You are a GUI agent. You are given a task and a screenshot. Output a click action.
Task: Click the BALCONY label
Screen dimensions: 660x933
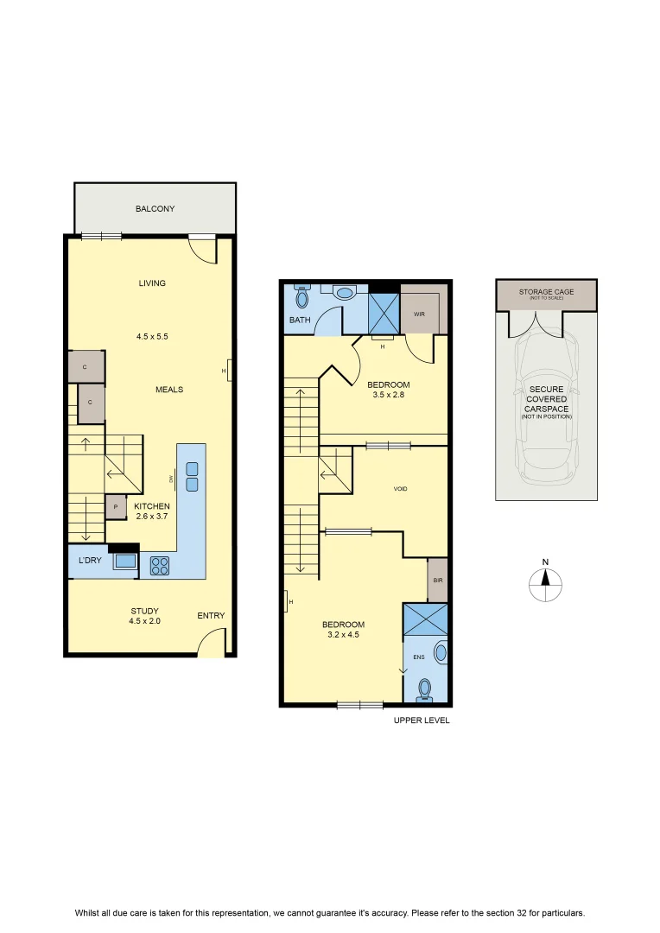(x=155, y=209)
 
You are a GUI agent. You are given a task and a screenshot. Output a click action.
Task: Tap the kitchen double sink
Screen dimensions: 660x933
(x=192, y=477)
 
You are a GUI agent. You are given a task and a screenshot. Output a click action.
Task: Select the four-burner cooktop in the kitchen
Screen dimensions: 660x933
(x=160, y=565)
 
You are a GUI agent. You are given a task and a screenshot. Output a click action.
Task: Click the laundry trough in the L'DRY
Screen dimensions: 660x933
(x=125, y=561)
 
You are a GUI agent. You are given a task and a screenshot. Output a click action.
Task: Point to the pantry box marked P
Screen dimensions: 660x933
(x=116, y=507)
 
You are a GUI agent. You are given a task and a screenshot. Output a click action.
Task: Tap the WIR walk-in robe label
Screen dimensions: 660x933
(x=420, y=314)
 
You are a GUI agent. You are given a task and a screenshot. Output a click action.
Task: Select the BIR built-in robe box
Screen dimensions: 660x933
(x=437, y=581)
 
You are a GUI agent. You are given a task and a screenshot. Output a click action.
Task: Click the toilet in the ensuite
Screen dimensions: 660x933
(x=425, y=690)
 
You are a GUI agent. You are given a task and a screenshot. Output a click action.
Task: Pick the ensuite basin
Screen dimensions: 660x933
(x=441, y=652)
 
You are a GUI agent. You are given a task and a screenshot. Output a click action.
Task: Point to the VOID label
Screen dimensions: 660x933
(x=401, y=488)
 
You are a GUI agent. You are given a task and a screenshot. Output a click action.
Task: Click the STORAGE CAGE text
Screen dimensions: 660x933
(x=546, y=292)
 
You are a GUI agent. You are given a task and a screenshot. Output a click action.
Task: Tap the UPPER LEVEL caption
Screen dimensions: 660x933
(x=422, y=720)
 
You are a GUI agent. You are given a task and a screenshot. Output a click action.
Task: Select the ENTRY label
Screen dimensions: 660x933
(x=212, y=616)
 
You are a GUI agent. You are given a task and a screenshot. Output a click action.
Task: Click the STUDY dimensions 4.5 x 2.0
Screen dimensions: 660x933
(x=144, y=621)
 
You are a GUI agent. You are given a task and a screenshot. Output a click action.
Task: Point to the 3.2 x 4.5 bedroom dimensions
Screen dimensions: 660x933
(x=344, y=635)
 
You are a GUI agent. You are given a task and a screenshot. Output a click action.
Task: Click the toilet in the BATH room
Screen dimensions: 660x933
(x=302, y=296)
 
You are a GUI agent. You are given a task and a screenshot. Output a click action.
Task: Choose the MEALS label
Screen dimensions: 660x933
(x=169, y=390)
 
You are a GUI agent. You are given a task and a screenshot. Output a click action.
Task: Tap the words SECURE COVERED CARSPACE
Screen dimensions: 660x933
(x=546, y=399)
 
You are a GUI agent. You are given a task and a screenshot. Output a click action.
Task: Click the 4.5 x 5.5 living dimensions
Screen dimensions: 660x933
(x=152, y=336)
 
